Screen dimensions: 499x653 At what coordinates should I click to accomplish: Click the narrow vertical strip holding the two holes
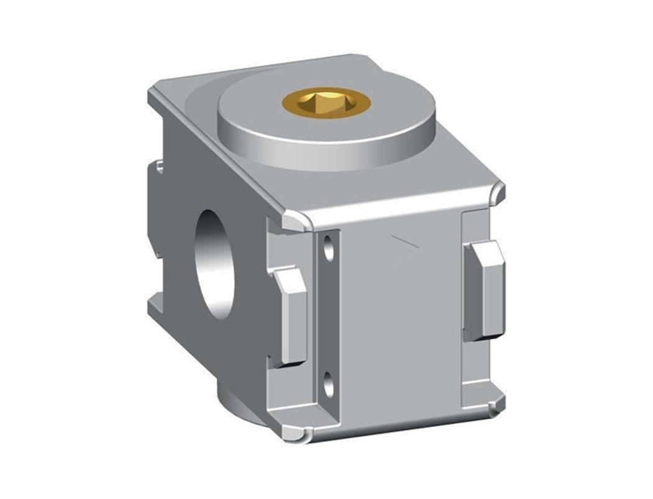click(x=329, y=317)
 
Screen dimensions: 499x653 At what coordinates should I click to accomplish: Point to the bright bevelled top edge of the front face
click(x=398, y=211)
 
